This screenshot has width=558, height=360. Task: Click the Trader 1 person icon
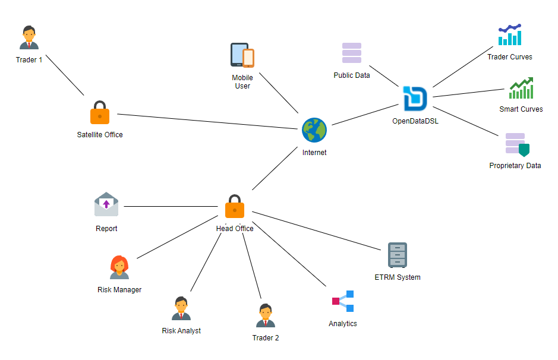(x=29, y=38)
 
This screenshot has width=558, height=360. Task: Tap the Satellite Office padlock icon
(x=100, y=113)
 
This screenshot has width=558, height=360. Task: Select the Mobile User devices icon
(x=242, y=55)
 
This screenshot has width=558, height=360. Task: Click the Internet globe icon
(x=314, y=130)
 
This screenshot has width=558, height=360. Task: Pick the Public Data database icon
(x=352, y=53)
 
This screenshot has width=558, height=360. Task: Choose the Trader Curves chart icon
(x=510, y=35)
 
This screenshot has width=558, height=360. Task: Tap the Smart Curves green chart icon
(x=521, y=88)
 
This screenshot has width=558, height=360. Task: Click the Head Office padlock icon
(x=235, y=206)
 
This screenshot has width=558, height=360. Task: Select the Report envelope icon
(x=106, y=204)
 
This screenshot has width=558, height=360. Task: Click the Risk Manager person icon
(x=119, y=268)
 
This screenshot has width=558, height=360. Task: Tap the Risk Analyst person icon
(x=181, y=309)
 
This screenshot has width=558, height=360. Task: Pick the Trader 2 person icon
(x=266, y=315)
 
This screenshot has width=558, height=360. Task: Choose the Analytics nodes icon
(x=343, y=301)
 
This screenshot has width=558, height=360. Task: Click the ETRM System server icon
(x=398, y=255)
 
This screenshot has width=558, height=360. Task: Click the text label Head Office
(x=235, y=229)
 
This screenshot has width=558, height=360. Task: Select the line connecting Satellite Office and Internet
(x=208, y=121)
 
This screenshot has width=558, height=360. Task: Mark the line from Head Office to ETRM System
(x=315, y=230)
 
